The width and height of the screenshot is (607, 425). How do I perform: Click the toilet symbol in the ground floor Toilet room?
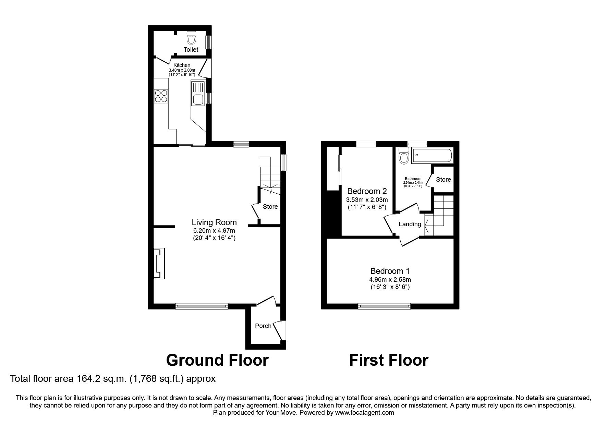click(x=191, y=38)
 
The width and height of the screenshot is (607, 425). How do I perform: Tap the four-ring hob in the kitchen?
click(x=161, y=96)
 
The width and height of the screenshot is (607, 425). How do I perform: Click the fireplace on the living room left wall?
click(x=159, y=263)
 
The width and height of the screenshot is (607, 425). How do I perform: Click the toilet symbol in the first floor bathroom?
click(x=404, y=157)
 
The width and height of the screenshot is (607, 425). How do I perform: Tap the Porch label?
click(x=263, y=326)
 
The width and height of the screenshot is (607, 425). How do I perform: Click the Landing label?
click(x=410, y=224)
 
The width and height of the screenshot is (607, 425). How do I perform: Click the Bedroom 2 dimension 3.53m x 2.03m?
click(x=367, y=200)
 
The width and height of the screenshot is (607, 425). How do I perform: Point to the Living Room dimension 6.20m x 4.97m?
click(x=214, y=231)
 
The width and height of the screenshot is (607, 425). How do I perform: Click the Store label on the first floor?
click(x=443, y=180)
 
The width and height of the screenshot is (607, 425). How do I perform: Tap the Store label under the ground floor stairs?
click(x=270, y=207)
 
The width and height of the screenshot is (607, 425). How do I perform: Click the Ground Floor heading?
click(x=217, y=360)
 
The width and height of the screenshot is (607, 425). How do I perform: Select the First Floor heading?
click(x=388, y=360)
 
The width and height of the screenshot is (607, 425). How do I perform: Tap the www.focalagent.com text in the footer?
click(x=365, y=413)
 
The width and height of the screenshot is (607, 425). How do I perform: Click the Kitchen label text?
click(x=182, y=65)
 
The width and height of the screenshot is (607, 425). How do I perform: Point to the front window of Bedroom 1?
click(x=384, y=306)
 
